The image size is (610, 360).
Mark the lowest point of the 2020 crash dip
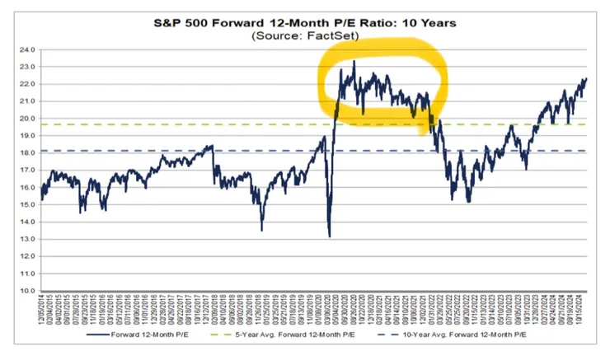click(x=329, y=236)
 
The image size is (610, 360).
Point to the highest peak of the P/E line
click(x=354, y=61)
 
